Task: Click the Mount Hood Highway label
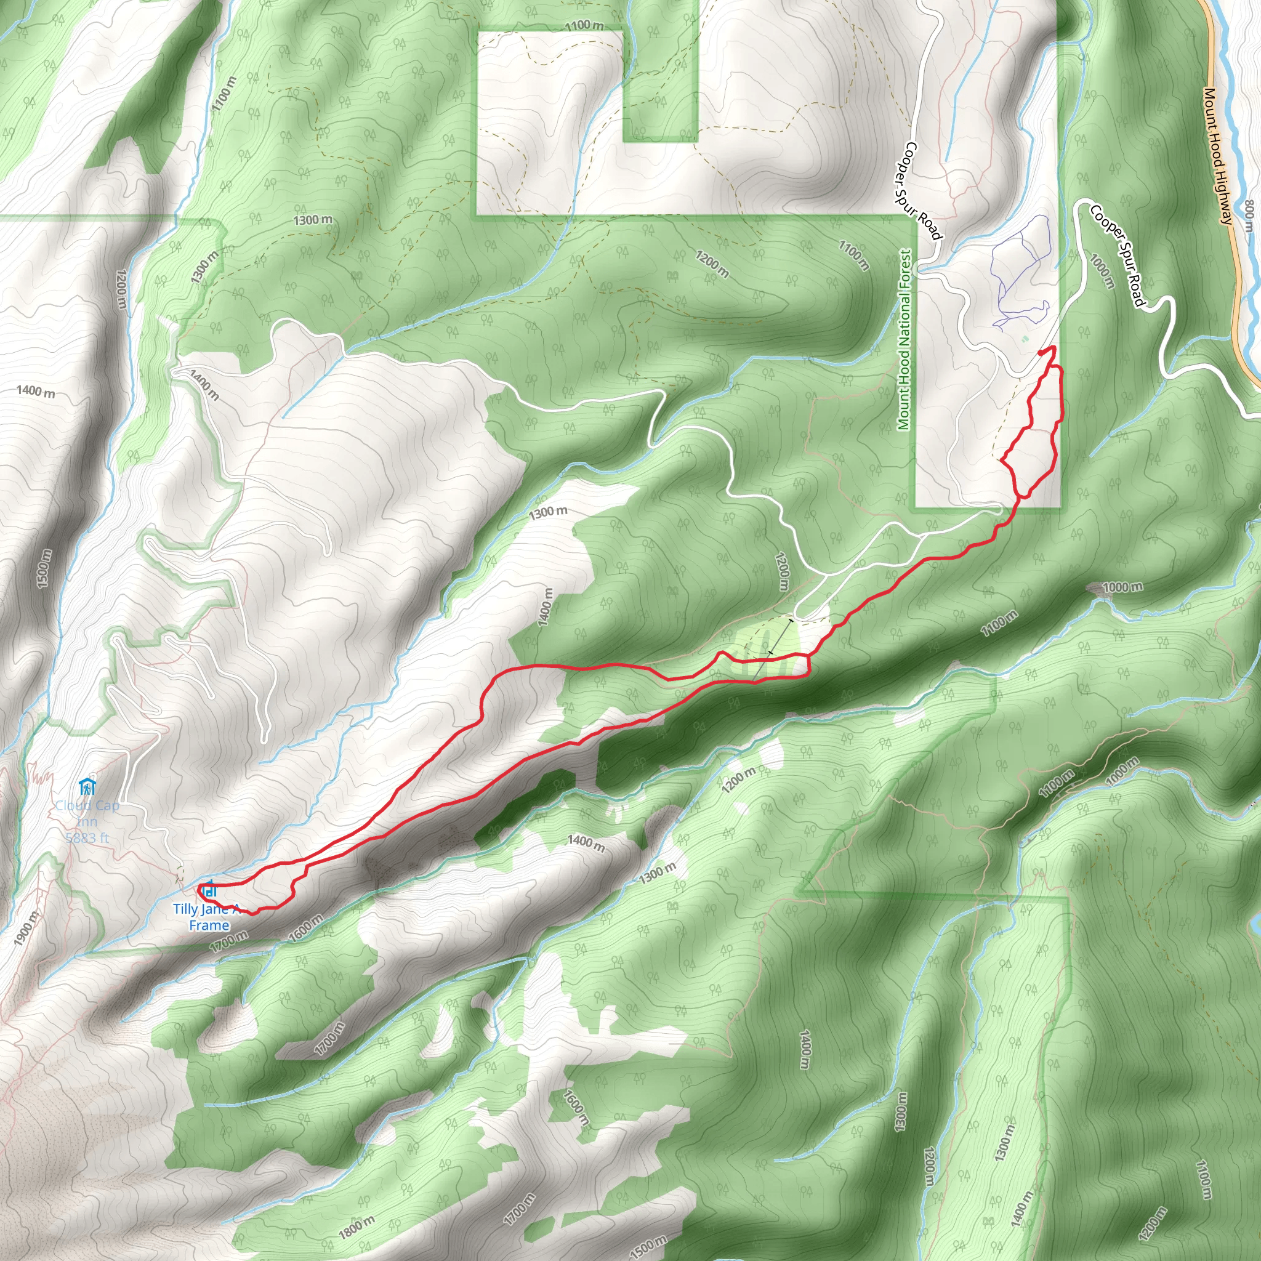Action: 1218,156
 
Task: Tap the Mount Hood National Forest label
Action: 904,339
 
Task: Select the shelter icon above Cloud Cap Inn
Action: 86,786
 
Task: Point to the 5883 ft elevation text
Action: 87,837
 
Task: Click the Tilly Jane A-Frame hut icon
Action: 209,890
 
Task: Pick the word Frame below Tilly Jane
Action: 209,925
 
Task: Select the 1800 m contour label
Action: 357,1228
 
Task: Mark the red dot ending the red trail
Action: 1040,353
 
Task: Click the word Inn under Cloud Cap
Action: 86,822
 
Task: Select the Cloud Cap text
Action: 87,805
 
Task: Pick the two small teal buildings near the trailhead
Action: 1023,339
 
